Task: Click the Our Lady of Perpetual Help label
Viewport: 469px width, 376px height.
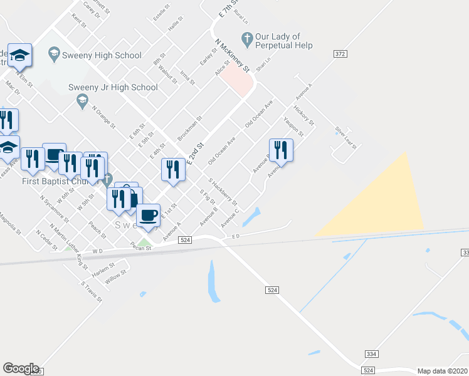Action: pos(283,41)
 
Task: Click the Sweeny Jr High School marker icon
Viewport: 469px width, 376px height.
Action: pos(82,100)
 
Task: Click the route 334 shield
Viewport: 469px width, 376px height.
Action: pos(372,354)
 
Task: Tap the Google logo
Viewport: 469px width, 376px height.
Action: pos(21,368)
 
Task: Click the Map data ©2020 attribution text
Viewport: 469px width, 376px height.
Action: pos(442,371)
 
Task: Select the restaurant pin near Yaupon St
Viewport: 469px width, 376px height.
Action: pos(280,150)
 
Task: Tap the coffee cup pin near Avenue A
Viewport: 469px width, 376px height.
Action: pos(148,216)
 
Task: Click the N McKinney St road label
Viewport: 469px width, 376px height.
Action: pos(232,56)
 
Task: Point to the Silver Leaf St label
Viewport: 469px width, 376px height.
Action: pos(345,137)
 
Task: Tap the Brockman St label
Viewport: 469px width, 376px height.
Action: pos(189,128)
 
